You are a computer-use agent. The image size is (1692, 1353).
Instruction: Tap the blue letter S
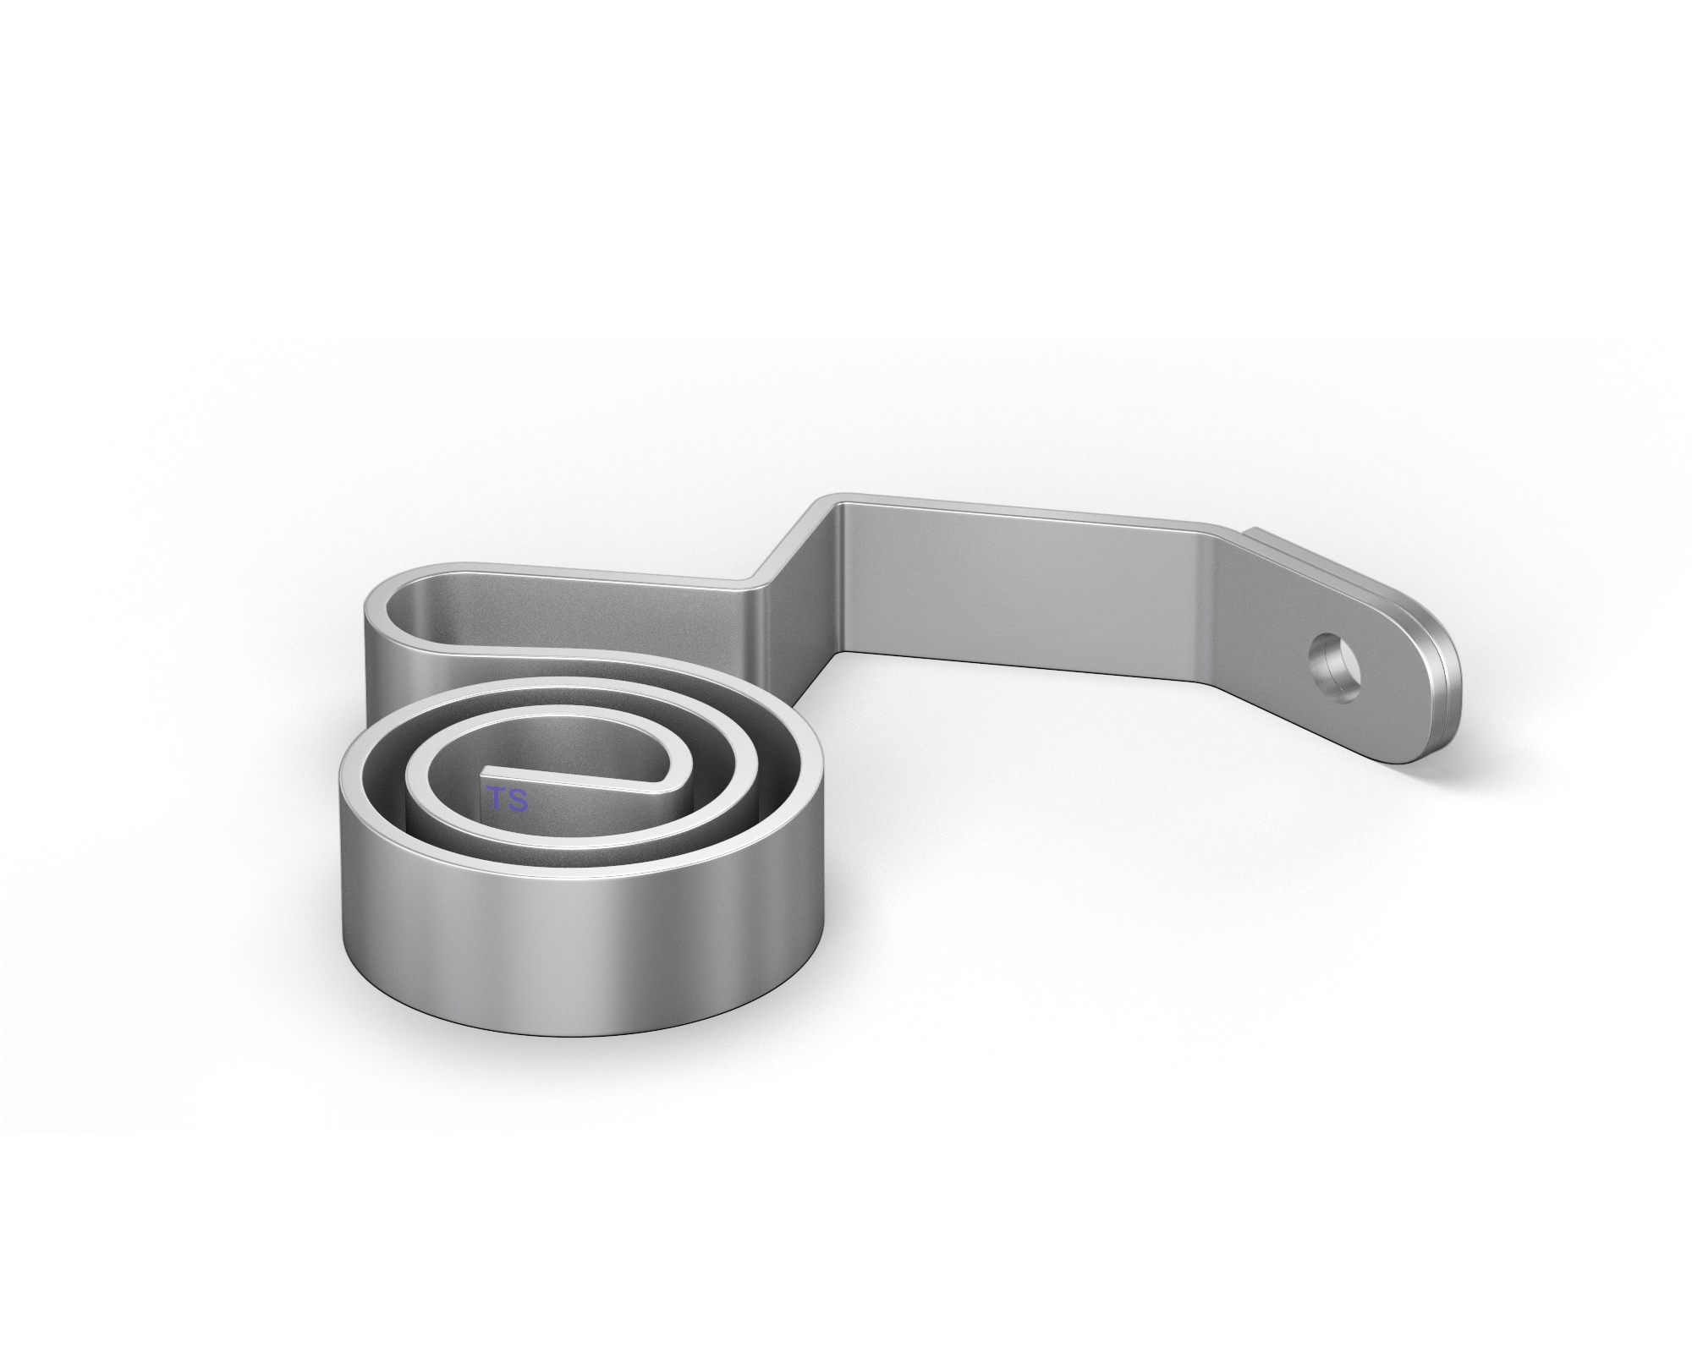[x=517, y=800]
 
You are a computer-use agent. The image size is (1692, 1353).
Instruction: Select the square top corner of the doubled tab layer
[x=1255, y=532]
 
